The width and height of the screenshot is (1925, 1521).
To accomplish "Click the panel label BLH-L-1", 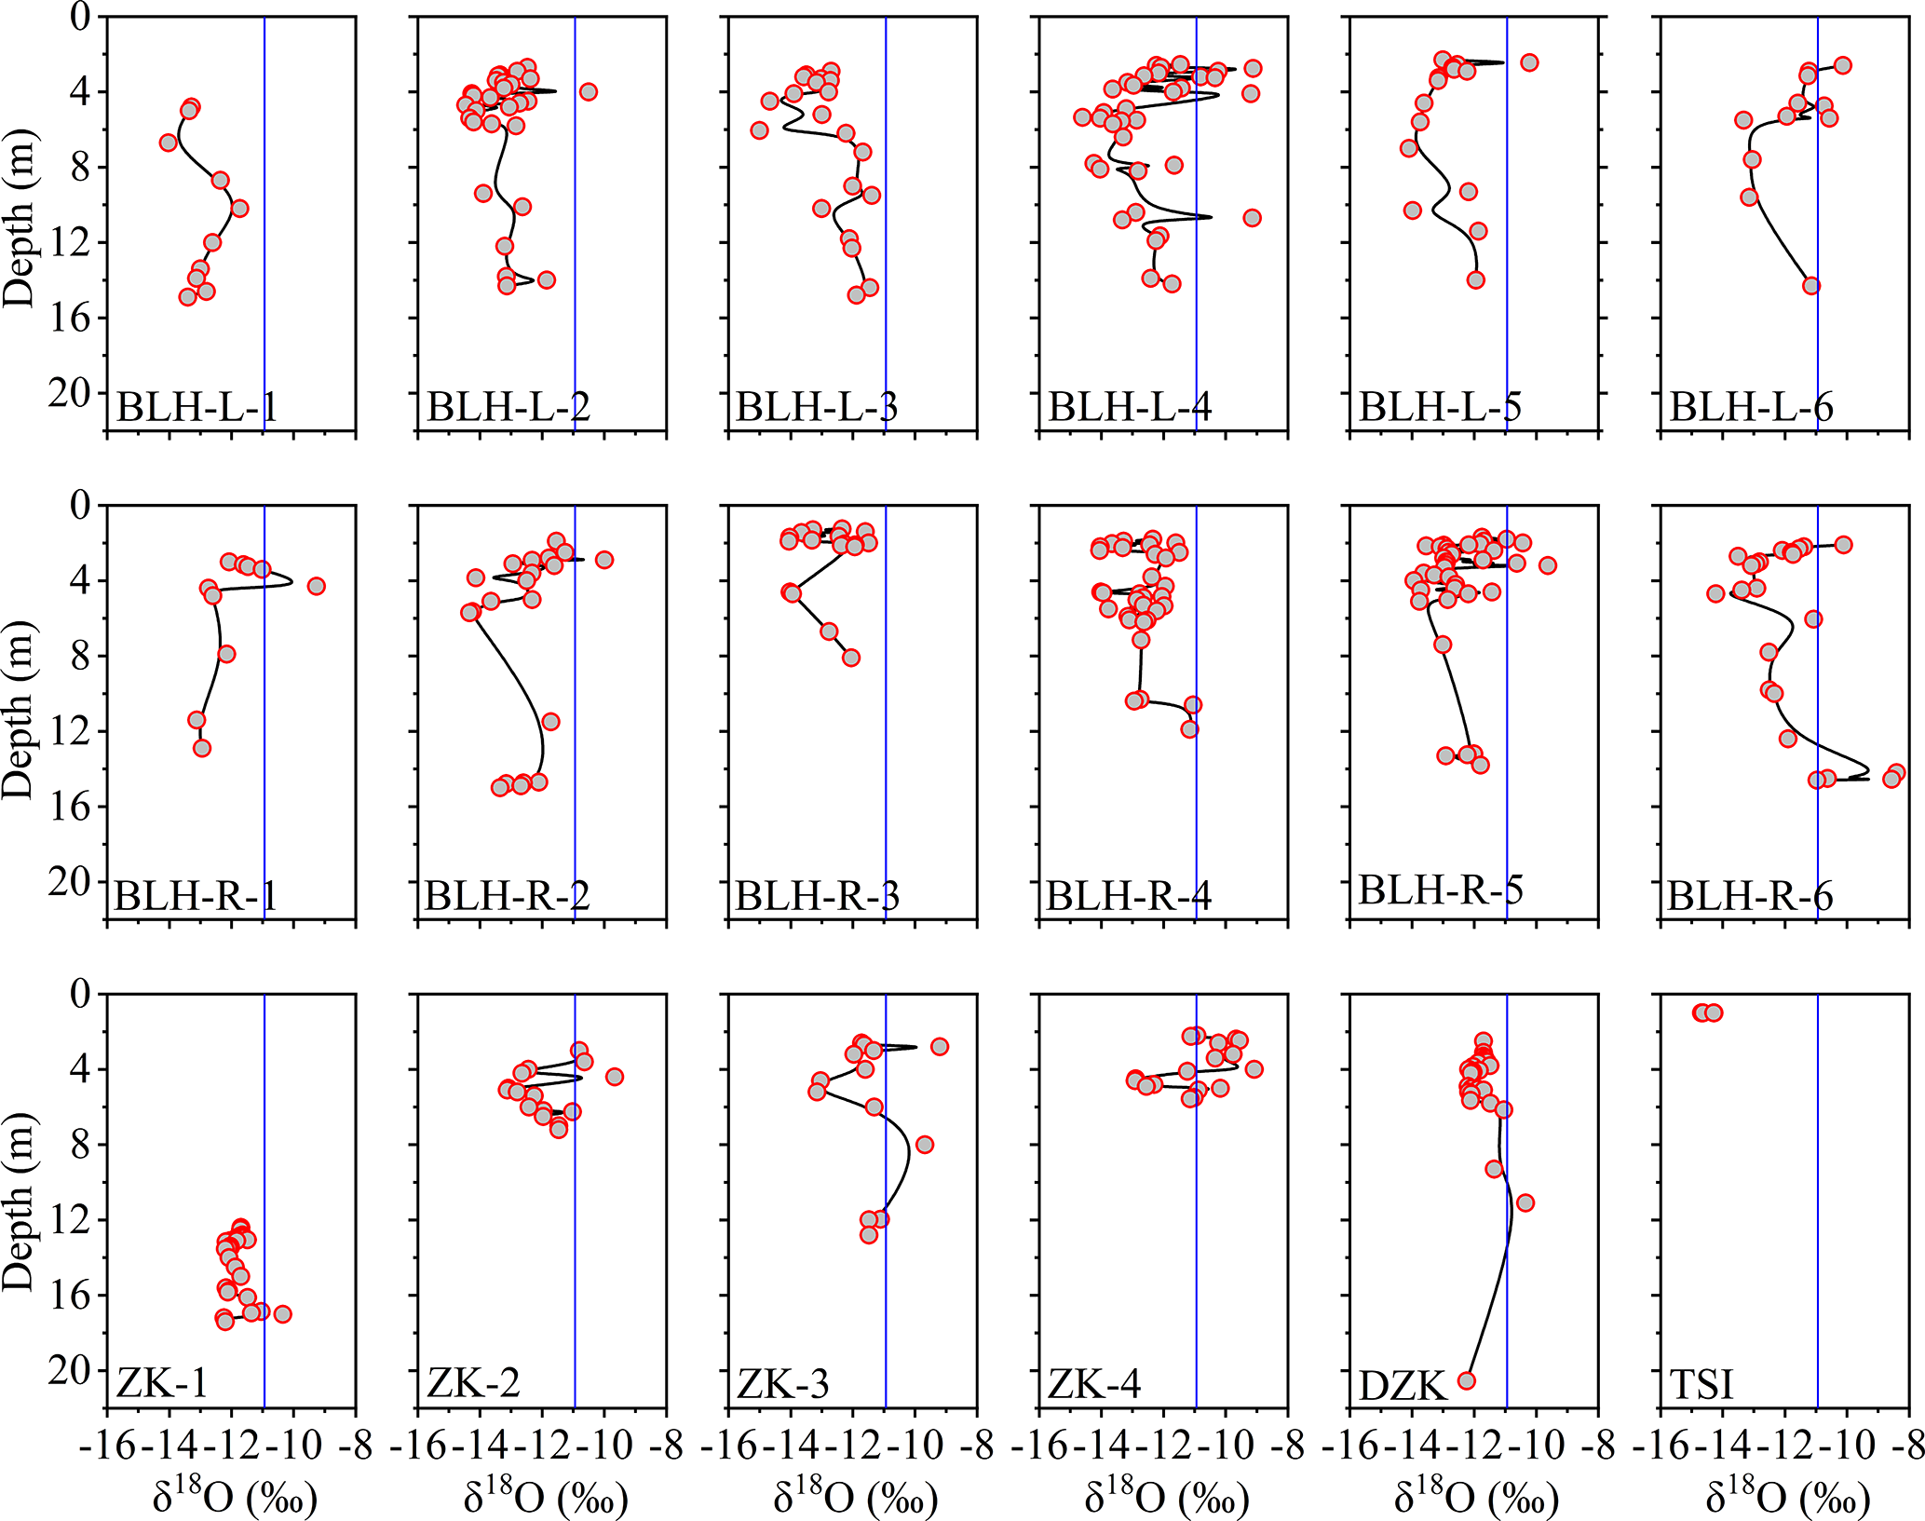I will pyautogui.click(x=197, y=408).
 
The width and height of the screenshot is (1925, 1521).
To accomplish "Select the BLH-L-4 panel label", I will pyautogui.click(x=1130, y=408).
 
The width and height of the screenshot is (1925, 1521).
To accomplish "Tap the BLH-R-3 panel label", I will pyautogui.click(x=817, y=896).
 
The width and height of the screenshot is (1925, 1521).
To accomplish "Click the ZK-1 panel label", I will pyautogui.click(x=162, y=1383).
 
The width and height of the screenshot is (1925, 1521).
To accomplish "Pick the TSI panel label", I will pyautogui.click(x=1701, y=1385).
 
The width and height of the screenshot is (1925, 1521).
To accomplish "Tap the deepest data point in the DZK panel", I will pyautogui.click(x=1466, y=1380).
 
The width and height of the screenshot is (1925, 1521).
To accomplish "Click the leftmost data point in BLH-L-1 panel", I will pyautogui.click(x=169, y=143).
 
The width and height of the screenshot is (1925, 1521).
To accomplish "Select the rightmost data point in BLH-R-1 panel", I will pyautogui.click(x=317, y=586).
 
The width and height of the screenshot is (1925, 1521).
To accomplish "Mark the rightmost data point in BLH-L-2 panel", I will pyautogui.click(x=589, y=91).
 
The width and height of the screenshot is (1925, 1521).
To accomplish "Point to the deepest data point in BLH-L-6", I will pyautogui.click(x=1811, y=286).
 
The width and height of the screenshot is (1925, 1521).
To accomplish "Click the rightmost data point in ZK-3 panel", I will pyautogui.click(x=940, y=1047).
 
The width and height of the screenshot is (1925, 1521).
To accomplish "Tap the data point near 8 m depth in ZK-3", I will pyautogui.click(x=925, y=1145).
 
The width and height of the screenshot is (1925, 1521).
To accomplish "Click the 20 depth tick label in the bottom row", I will pyautogui.click(x=71, y=1370).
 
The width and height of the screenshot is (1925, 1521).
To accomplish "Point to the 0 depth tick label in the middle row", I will pyautogui.click(x=82, y=506).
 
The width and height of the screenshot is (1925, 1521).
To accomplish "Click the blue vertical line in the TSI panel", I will pyautogui.click(x=1818, y=1211).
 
